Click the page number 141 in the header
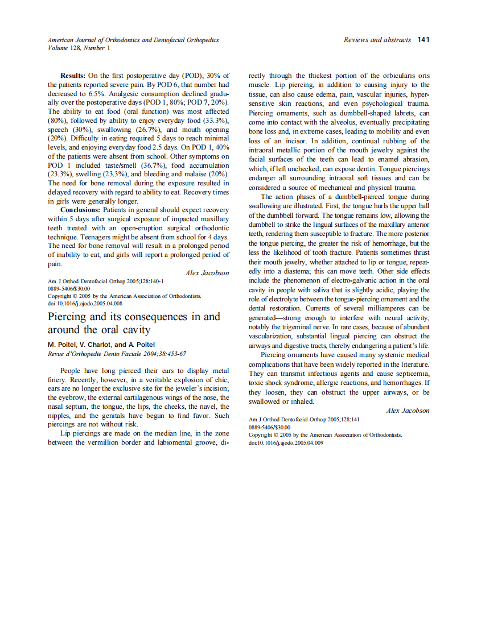click(423, 40)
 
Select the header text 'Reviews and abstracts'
click(377, 40)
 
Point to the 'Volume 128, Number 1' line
click(79, 48)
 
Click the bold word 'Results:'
click(73, 76)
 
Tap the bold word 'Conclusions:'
click(81, 210)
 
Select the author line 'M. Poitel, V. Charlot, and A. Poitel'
click(101, 345)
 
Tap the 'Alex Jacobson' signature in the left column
click(207, 273)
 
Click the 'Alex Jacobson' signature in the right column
click(408, 411)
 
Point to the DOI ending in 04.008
click(85, 303)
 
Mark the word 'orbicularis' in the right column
click(392, 76)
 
